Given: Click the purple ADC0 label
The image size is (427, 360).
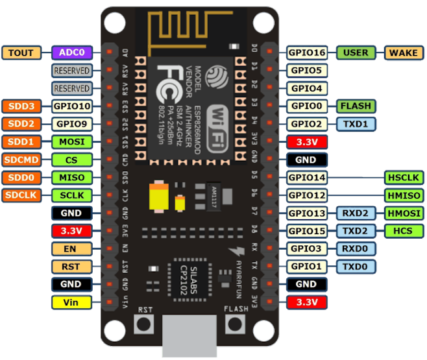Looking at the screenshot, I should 71,53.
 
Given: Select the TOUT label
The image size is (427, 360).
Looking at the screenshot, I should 21,53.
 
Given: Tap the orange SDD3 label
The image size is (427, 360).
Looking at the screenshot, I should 21,106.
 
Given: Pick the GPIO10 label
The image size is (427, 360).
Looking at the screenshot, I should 71,106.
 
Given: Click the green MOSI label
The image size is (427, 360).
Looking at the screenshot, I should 71,141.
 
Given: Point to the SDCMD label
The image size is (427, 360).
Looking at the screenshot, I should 21,160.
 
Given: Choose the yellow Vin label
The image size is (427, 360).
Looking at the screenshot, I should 71,302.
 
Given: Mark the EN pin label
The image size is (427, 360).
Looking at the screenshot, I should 71,248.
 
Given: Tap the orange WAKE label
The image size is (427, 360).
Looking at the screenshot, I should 404,53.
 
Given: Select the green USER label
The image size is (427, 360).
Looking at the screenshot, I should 355,53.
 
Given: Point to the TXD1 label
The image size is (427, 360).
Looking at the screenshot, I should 355,124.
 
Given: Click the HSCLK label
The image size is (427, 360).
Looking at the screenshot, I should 404,177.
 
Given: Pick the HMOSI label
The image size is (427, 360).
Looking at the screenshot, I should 404,213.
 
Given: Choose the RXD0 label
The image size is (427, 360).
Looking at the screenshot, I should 355,248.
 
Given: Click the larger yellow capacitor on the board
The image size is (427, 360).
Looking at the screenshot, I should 160,197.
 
